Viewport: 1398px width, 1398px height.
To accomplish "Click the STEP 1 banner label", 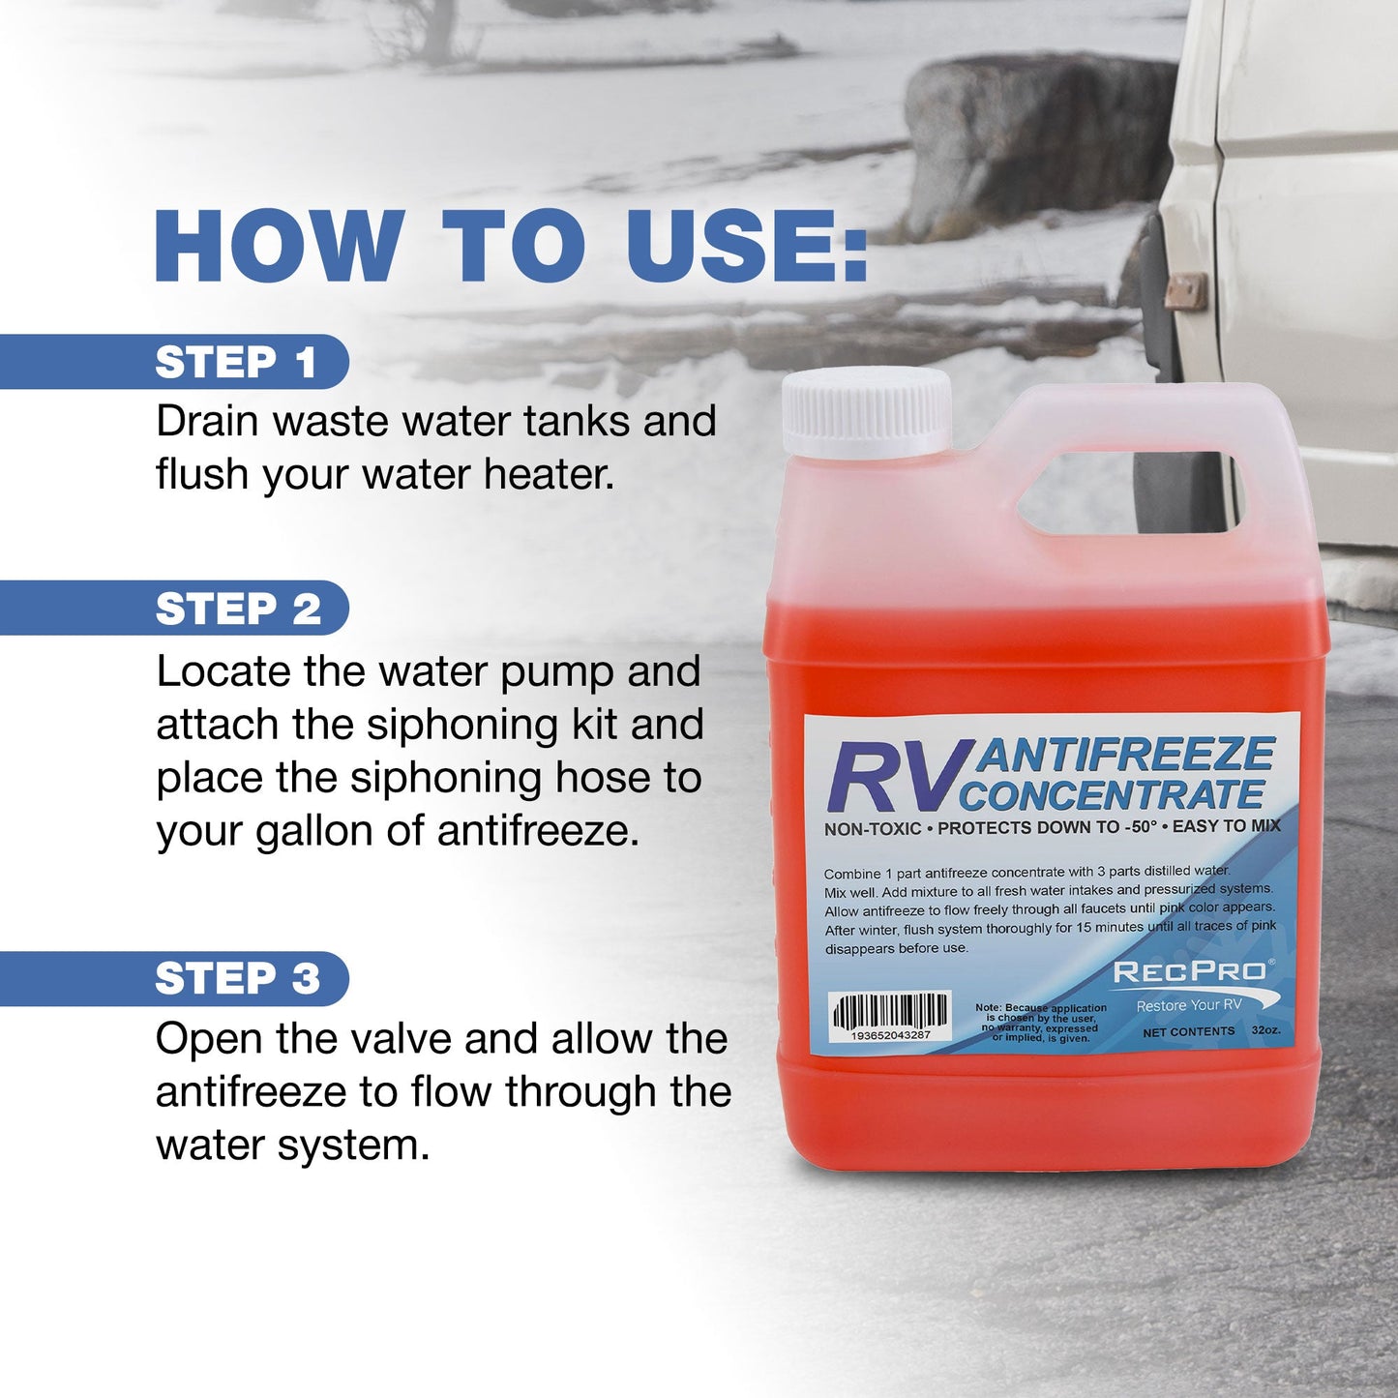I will [x=236, y=363].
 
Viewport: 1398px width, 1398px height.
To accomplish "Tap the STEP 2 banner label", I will [x=238, y=610].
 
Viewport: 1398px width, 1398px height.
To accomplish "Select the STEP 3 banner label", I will [x=238, y=979].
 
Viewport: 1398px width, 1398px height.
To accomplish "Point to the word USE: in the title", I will [x=746, y=246].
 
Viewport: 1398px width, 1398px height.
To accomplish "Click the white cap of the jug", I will [x=866, y=412].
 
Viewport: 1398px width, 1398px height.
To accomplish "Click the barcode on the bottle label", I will [x=890, y=1015].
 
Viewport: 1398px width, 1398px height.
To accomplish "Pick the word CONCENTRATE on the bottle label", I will [x=1113, y=795].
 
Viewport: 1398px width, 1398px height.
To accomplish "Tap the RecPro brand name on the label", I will [x=1189, y=972].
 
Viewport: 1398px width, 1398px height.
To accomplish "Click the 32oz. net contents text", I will [x=1265, y=1030].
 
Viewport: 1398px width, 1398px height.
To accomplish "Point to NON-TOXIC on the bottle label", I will [x=873, y=829].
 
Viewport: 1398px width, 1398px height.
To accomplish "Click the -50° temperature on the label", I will [x=1141, y=827].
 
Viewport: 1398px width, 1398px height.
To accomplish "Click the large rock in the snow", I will [x=1035, y=135].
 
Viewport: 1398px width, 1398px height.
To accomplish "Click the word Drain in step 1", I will [x=207, y=422].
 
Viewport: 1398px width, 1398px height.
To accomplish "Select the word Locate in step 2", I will [x=223, y=672].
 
